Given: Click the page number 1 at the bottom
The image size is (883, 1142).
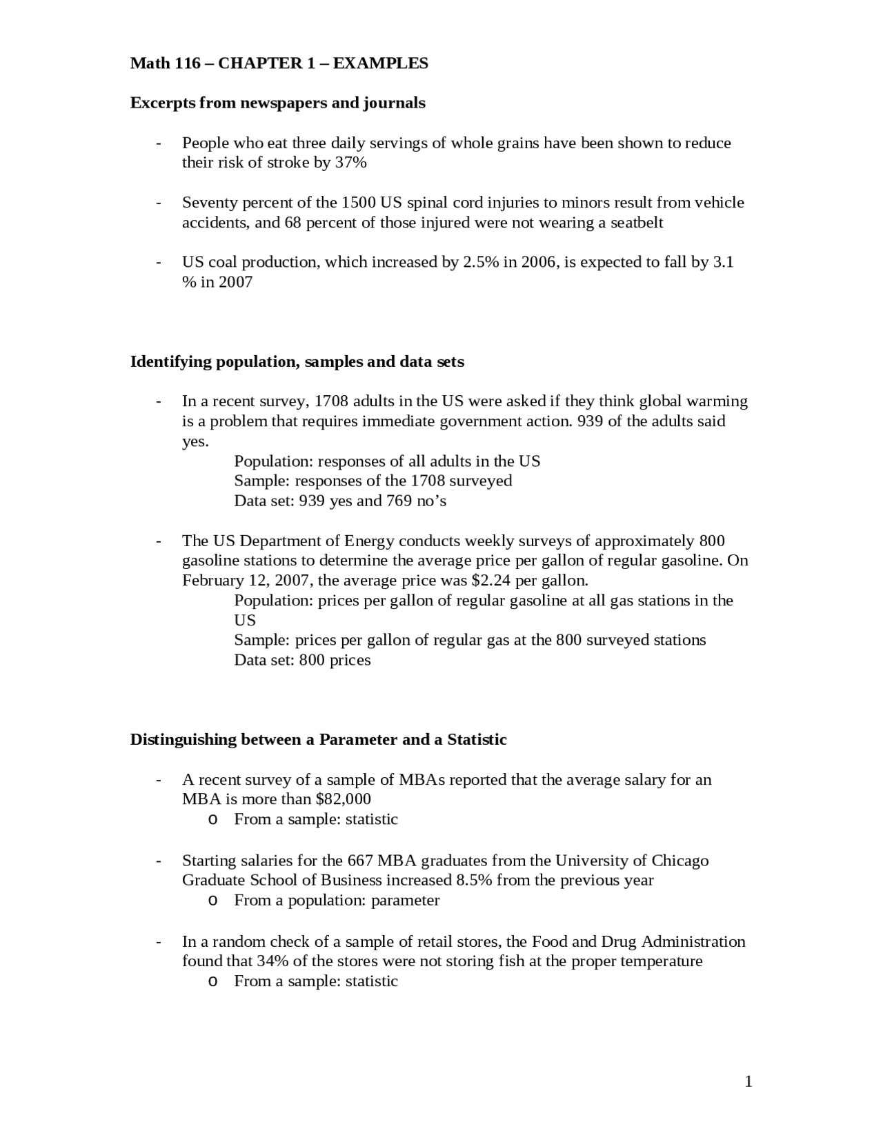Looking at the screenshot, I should point(748,1081).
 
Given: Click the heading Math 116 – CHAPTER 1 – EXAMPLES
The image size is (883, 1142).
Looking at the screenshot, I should point(279,63).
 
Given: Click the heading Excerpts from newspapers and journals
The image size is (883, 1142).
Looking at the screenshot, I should point(277,103).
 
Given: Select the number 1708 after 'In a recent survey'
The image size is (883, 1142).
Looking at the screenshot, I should point(331,401).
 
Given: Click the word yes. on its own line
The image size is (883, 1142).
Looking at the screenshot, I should point(195,441).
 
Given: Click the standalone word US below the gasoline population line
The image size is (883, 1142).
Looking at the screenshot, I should point(244,620).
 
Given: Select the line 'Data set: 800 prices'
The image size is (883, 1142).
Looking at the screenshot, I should point(302,660).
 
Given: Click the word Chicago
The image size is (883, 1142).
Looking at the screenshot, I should point(679,861).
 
